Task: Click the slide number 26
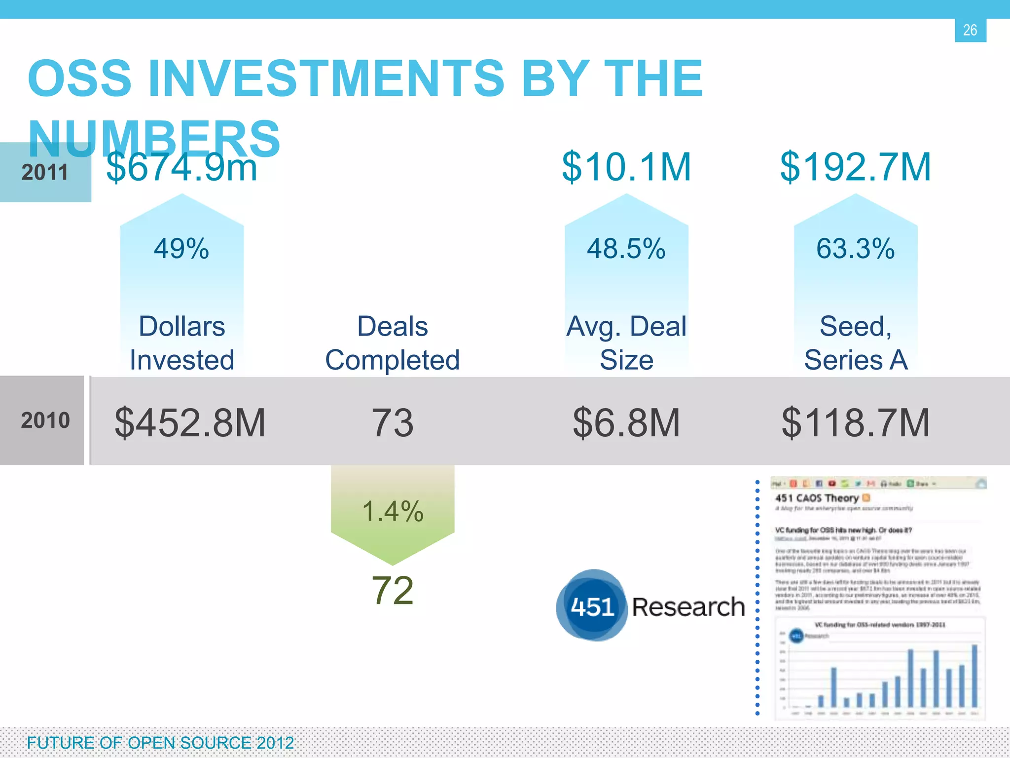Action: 970,31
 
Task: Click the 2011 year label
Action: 45,173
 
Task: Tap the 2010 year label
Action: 45,420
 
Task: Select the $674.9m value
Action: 181,168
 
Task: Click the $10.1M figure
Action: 626,167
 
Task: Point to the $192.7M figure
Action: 855,167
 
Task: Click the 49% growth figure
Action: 181,249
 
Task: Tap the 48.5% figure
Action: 626,249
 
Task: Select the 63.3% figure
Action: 855,249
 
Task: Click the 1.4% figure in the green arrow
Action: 393,511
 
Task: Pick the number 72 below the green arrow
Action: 393,591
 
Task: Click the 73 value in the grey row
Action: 393,423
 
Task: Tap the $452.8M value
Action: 190,423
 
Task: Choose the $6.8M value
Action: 626,423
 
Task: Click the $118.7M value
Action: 855,423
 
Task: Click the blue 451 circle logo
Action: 592,606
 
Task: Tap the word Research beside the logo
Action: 688,607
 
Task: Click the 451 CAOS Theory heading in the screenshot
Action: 817,498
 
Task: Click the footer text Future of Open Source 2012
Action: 160,743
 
